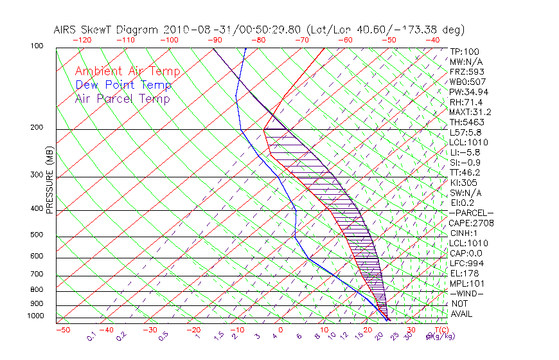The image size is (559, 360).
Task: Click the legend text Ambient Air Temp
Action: click(x=127, y=72)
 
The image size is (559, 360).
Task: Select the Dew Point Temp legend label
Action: click(x=123, y=85)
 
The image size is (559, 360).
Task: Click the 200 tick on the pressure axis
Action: click(x=37, y=128)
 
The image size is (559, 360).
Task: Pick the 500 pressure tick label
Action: click(x=37, y=235)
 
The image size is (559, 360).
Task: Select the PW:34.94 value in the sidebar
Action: click(x=469, y=92)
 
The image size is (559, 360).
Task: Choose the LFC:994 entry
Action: click(x=467, y=264)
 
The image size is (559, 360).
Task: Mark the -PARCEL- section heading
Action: click(x=471, y=213)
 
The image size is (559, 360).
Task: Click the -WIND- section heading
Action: click(x=467, y=293)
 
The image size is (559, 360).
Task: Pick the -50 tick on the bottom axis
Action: click(x=62, y=330)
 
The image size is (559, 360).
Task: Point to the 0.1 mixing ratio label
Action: click(x=92, y=336)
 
